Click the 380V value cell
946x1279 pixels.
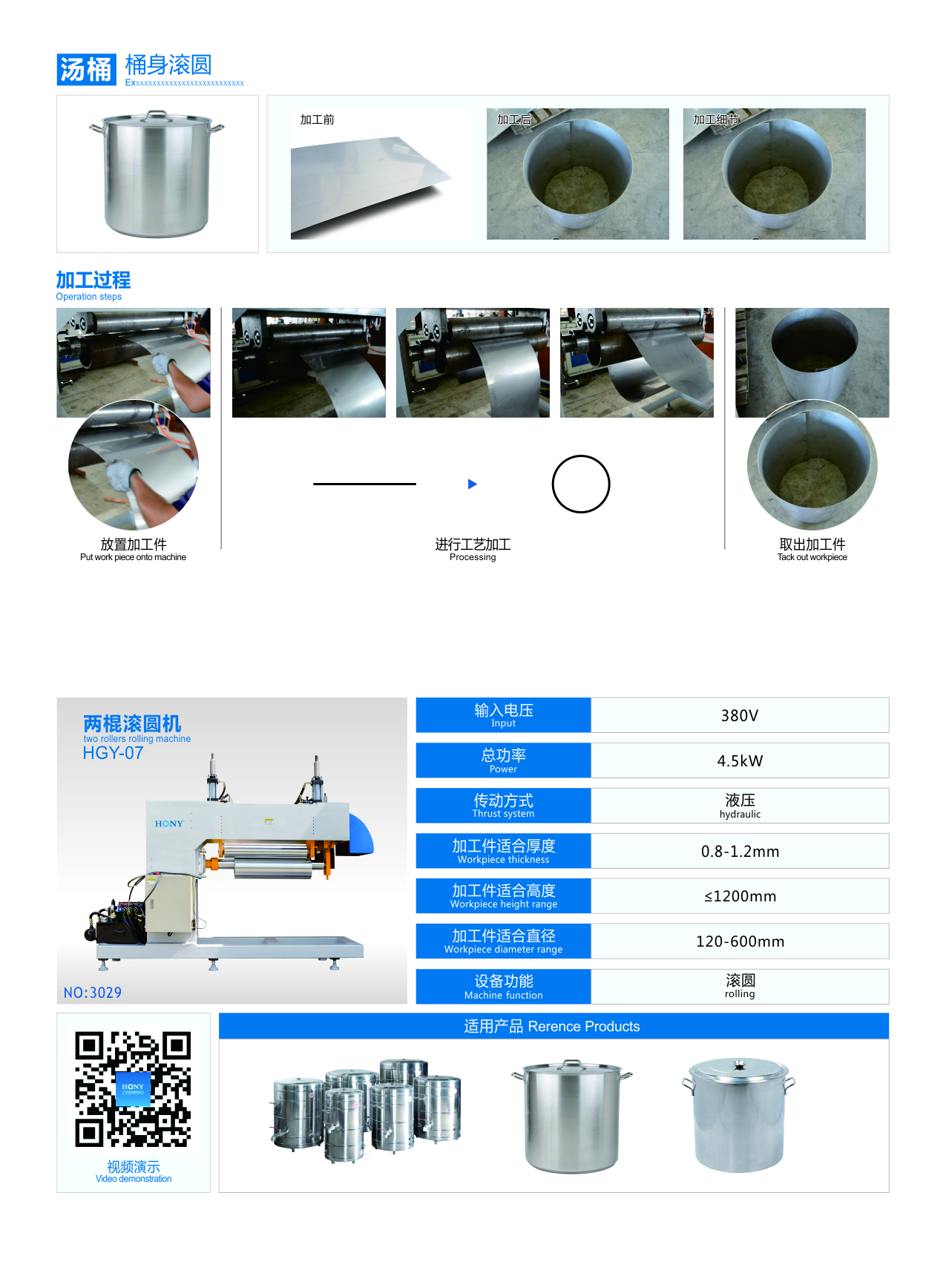(x=740, y=715)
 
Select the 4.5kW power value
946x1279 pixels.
(x=740, y=760)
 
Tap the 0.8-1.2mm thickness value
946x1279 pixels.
(x=740, y=851)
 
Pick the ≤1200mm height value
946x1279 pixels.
(x=740, y=896)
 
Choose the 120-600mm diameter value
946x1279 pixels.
(x=740, y=941)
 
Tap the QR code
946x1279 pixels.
(x=133, y=1089)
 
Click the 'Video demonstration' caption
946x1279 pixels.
(x=134, y=1179)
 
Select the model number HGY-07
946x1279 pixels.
(x=113, y=753)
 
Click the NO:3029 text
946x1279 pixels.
(x=93, y=993)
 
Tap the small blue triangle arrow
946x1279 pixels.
(x=473, y=484)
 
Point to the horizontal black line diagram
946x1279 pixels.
(x=364, y=484)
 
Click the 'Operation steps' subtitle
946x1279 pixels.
(x=89, y=297)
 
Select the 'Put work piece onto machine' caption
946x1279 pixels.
(x=134, y=557)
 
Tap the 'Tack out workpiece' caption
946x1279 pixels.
(x=812, y=557)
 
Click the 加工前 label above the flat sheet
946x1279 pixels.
(x=318, y=119)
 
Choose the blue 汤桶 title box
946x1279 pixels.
(x=87, y=70)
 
